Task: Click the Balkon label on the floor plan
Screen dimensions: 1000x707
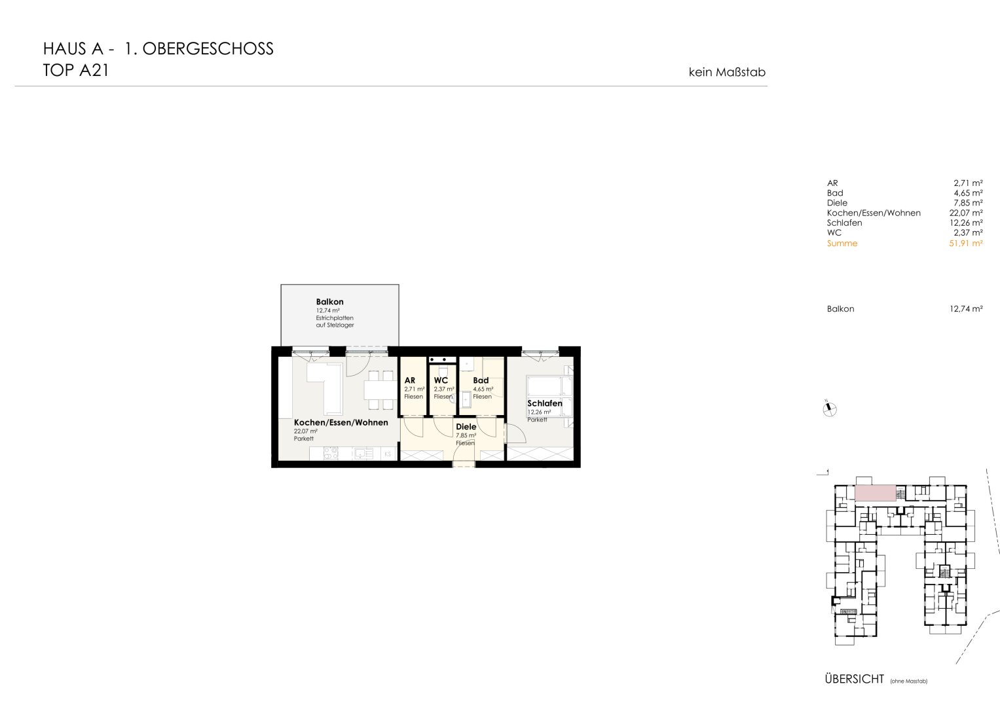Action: [329, 302]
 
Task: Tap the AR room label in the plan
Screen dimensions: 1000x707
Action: [410, 380]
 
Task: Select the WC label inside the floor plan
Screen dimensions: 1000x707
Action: [441, 380]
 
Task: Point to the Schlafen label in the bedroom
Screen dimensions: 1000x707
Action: [545, 403]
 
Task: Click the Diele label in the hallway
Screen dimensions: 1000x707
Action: [466, 427]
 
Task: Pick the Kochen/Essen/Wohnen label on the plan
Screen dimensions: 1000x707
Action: [341, 422]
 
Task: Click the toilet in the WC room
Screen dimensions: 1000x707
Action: [443, 372]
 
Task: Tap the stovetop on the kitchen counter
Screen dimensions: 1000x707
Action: [331, 454]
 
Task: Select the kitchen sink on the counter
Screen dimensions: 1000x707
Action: [363, 454]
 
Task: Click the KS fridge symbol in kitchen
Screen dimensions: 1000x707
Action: [388, 454]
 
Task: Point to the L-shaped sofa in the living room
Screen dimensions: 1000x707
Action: [325, 387]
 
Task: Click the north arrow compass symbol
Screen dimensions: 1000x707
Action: [830, 409]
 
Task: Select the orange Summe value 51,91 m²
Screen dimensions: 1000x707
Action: [966, 244]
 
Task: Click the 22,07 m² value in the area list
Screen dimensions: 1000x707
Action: [966, 213]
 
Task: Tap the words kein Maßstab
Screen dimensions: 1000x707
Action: [727, 72]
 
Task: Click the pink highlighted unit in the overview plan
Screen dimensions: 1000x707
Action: [876, 493]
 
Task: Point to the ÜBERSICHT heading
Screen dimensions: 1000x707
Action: [855, 679]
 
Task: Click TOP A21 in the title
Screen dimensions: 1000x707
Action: [76, 71]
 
